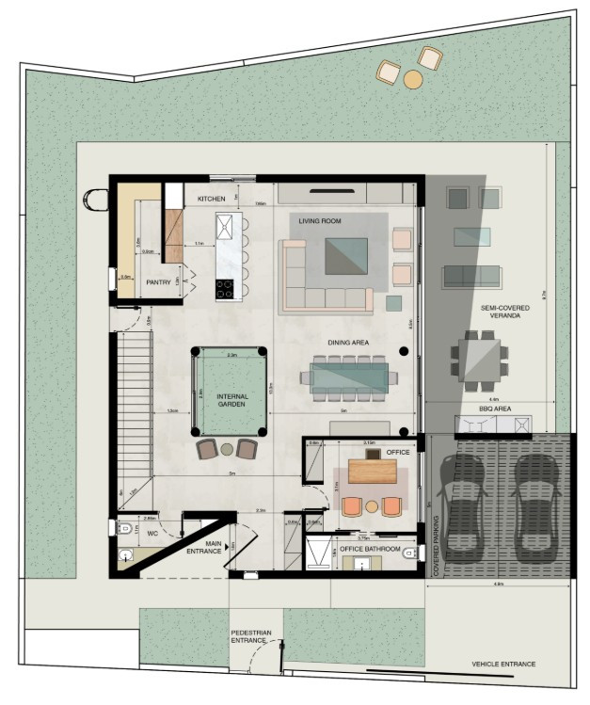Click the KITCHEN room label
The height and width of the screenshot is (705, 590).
point(211,199)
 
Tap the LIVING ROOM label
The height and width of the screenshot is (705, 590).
point(320,221)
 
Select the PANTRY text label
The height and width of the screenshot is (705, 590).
point(157,281)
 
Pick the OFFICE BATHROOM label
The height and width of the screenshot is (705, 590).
point(370,549)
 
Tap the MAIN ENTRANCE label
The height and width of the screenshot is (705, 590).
point(204,547)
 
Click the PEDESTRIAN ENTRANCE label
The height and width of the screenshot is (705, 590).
point(249,636)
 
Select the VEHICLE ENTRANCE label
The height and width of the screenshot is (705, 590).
point(502,664)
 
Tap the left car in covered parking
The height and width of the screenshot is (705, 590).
point(464,503)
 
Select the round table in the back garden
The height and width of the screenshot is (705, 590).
point(412,80)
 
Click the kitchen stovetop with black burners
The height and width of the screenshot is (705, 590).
point(225,289)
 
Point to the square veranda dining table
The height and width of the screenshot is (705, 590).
point(479,357)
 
